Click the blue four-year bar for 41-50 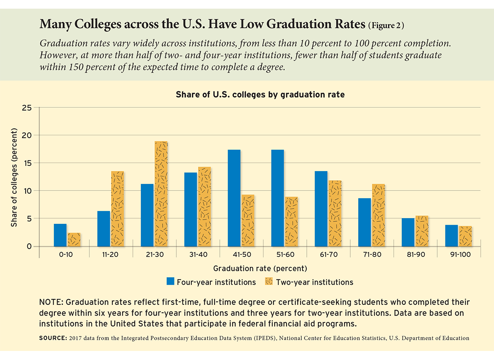tap(234, 198)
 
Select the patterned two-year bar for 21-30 tap(161, 194)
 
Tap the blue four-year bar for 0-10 tap(60, 235)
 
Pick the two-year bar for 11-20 tap(117, 209)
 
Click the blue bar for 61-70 tap(321, 209)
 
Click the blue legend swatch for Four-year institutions tap(171, 282)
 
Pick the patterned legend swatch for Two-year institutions tap(269, 282)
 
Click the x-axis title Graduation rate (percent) tap(260, 269)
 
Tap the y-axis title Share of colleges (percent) tap(14, 177)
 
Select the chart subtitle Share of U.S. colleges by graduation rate tap(260, 94)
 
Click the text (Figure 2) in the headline tap(385, 25)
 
